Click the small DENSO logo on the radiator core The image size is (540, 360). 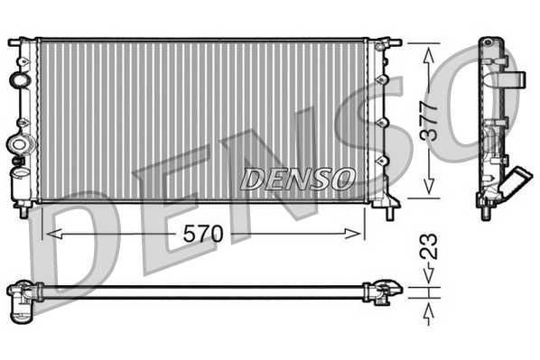[297, 178]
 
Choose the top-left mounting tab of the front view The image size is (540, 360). [17, 42]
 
